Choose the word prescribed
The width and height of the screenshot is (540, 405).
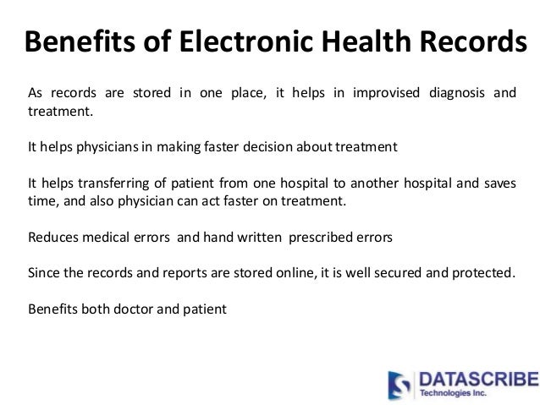[321, 238]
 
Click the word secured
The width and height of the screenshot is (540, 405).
[378, 274]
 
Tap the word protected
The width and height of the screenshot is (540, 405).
[481, 274]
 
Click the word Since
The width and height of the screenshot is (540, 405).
[43, 274]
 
